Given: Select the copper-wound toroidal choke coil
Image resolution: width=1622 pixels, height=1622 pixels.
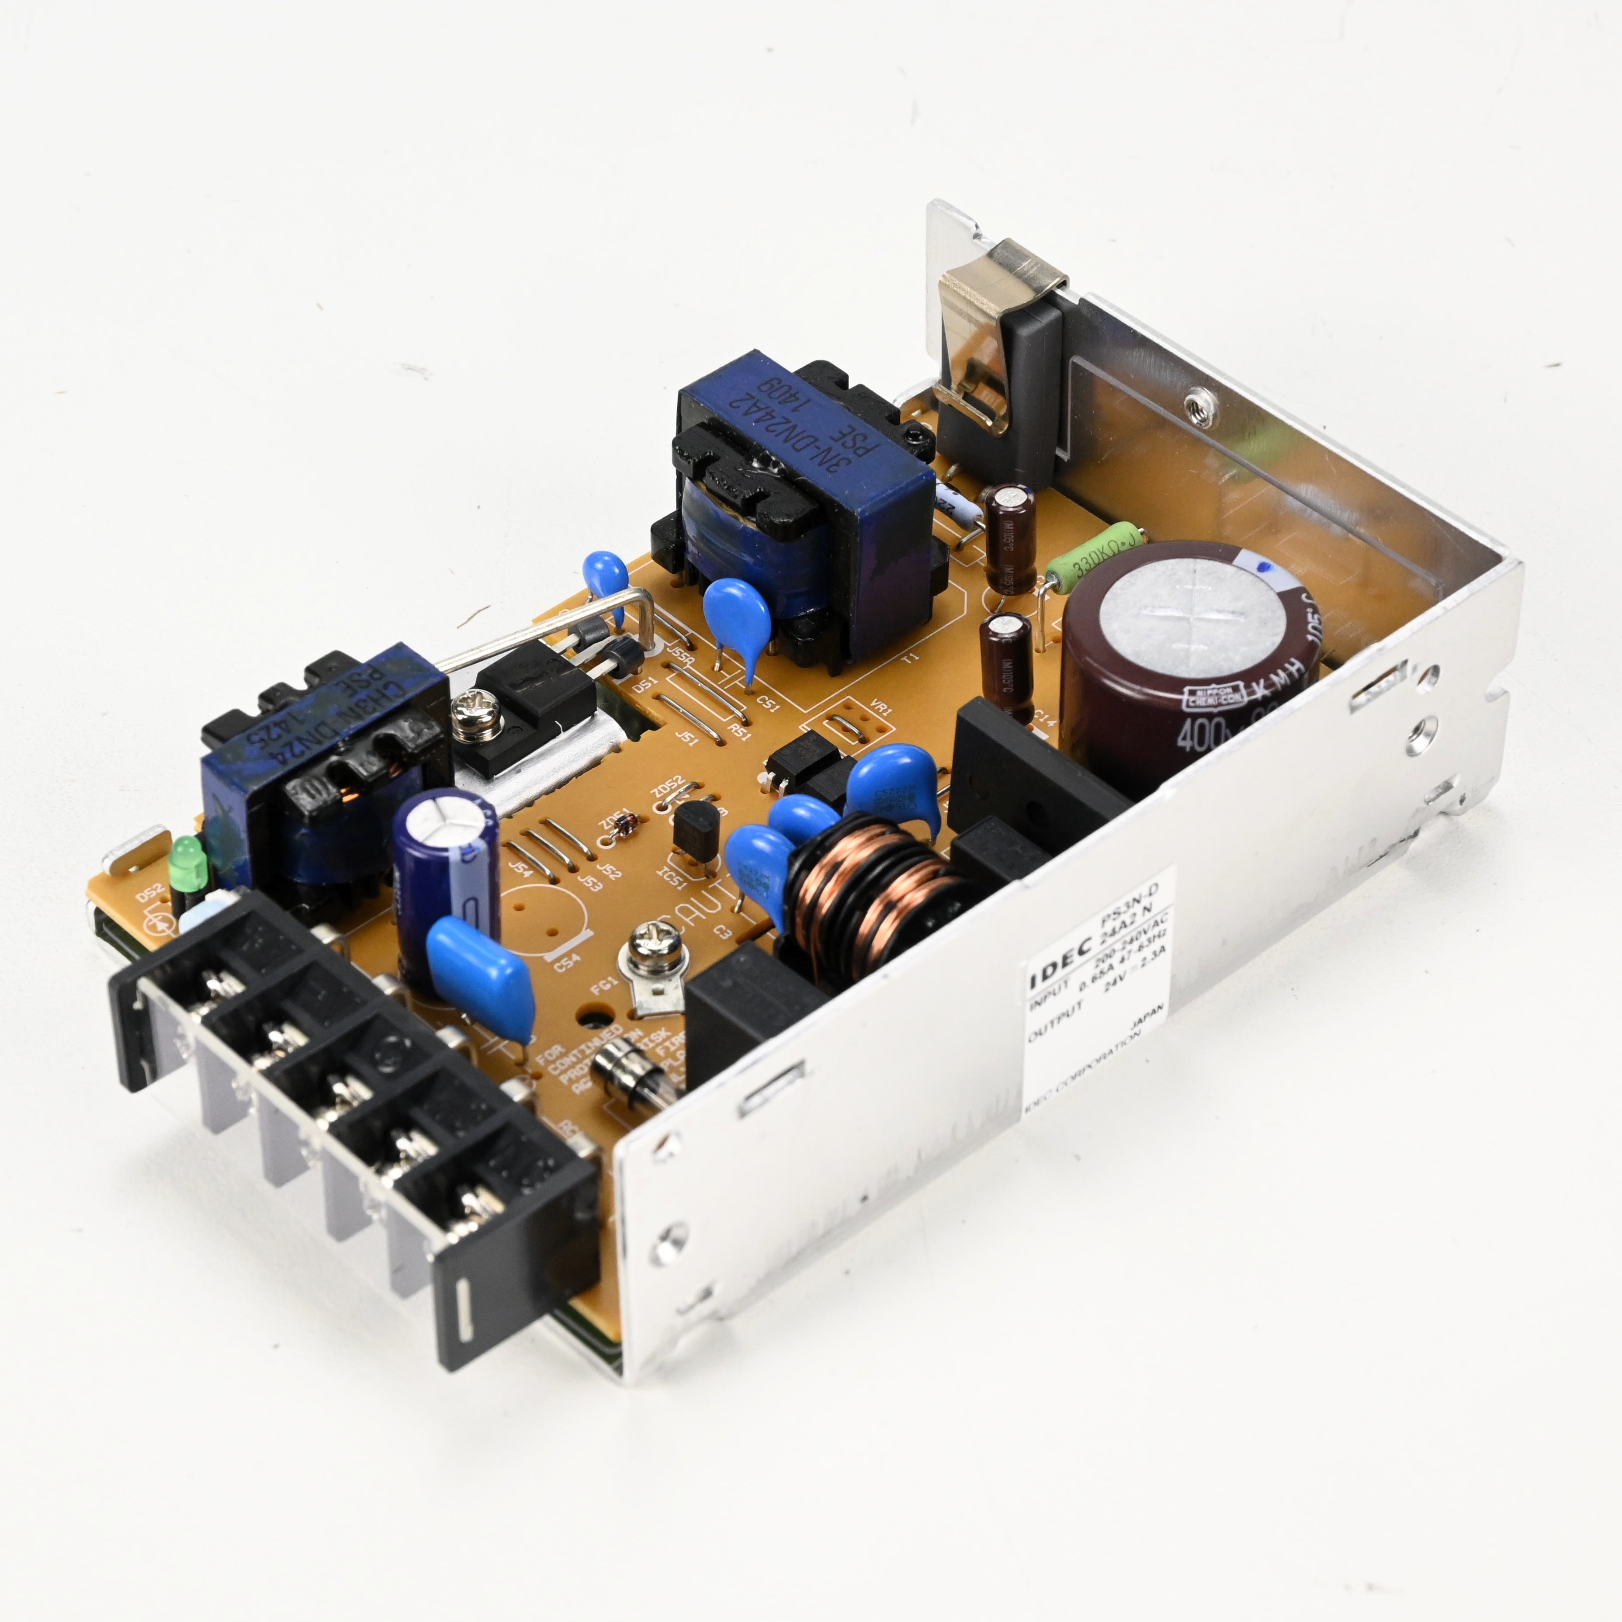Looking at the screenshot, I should [873, 890].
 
